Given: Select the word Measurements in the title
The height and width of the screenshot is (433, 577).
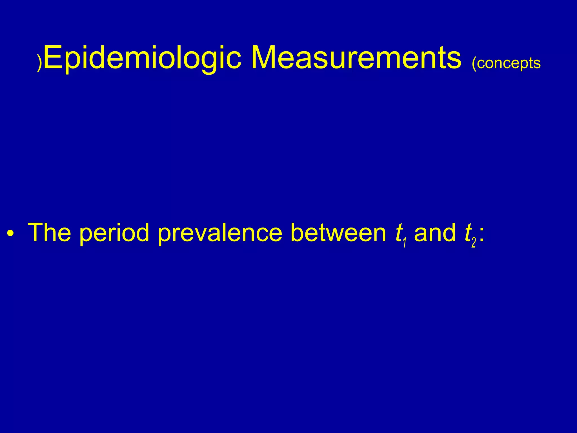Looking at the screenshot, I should tap(356, 58).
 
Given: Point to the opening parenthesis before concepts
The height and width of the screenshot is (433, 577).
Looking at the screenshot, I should tap(474, 64).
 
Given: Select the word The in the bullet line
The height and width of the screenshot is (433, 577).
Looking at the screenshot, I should tap(50, 232).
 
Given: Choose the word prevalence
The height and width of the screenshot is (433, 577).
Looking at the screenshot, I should tap(220, 233).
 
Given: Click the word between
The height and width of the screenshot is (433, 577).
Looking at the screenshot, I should tap(338, 232).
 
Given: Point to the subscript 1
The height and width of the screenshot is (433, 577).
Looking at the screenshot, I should tap(405, 242).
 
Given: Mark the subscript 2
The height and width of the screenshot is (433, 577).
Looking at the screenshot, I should tap(474, 242).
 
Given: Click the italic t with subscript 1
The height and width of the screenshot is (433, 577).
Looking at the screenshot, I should tap(398, 233).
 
